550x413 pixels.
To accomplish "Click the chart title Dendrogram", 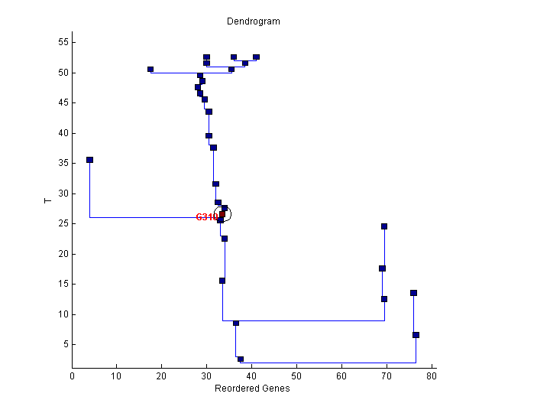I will click(253, 21).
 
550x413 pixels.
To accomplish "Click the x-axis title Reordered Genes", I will click(252, 389).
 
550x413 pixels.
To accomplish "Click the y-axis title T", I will click(47, 200).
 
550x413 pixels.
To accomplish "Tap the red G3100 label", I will click(207, 217).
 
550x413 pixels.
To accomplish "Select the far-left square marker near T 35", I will click(89, 160).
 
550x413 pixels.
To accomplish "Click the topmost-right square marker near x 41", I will click(256, 57).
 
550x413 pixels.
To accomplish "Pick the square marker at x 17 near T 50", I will click(150, 70).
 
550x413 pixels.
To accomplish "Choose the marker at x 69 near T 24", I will click(384, 226).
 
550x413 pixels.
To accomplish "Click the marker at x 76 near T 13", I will click(413, 293).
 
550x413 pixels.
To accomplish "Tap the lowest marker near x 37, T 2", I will click(241, 359).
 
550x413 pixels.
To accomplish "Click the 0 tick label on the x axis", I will click(73, 376).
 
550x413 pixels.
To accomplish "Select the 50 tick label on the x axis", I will click(297, 376).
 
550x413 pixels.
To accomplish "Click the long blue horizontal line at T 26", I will click(153, 217).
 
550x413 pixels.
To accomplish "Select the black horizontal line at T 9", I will click(306, 320).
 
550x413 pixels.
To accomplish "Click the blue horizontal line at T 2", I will click(328, 363).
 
